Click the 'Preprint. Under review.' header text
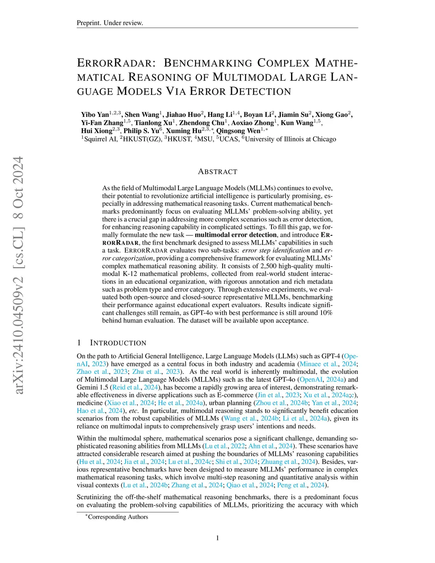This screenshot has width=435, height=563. [110, 23]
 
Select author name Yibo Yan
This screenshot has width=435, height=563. [95, 115]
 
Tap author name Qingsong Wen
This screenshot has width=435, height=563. [238, 131]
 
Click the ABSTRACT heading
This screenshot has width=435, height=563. [217, 172]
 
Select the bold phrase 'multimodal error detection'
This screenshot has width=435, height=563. [236, 235]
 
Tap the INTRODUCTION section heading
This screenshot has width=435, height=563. [118, 343]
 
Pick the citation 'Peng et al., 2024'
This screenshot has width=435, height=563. [301, 485]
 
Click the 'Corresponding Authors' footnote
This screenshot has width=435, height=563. [118, 517]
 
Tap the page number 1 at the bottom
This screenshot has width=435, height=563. [217, 538]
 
